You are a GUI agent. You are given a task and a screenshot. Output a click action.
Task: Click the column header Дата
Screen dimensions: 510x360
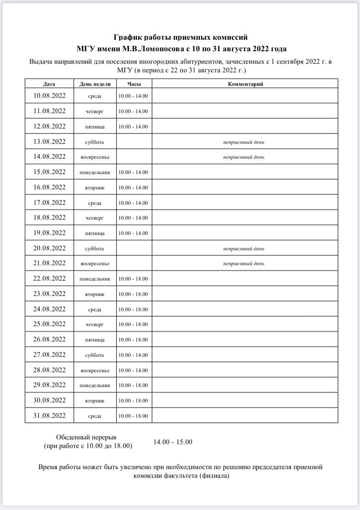pyautogui.click(x=49, y=84)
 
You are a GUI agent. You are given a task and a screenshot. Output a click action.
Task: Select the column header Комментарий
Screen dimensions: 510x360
pyautogui.click(x=245, y=84)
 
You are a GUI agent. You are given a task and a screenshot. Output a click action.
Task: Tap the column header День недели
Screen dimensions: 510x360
pyautogui.click(x=95, y=84)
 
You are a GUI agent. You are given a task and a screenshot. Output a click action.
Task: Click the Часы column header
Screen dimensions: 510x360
pyautogui.click(x=133, y=84)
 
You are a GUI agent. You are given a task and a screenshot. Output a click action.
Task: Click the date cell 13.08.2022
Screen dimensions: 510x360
pyautogui.click(x=49, y=142)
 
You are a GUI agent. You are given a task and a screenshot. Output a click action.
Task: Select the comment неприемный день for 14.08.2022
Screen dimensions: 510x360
pyautogui.click(x=243, y=157)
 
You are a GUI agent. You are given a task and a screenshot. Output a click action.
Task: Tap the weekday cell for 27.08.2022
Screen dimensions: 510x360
pyautogui.click(x=95, y=355)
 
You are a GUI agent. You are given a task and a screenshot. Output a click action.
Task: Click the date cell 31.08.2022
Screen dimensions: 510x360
pyautogui.click(x=49, y=415)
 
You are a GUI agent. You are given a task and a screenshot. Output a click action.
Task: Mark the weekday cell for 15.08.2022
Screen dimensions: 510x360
pyautogui.click(x=95, y=172)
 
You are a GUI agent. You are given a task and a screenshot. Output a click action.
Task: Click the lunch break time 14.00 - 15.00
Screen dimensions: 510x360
pyautogui.click(x=173, y=442)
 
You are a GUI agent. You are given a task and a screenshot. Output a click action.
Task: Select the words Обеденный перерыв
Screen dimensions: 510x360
pyautogui.click(x=86, y=437)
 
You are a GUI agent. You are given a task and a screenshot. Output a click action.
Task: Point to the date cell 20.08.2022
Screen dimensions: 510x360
pyautogui.click(x=49, y=248)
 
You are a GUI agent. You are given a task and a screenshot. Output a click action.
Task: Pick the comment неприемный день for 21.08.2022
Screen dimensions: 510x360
pyautogui.click(x=243, y=263)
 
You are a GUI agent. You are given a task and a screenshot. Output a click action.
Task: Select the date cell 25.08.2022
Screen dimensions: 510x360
pyautogui.click(x=49, y=324)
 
